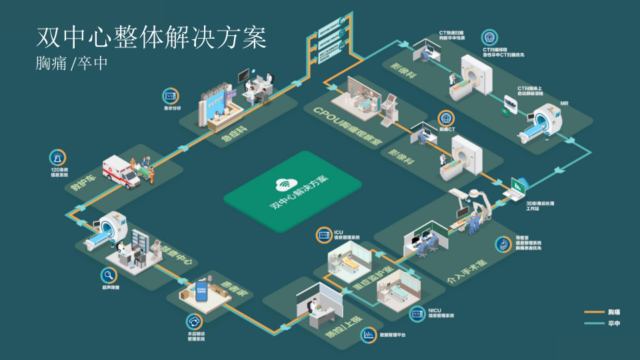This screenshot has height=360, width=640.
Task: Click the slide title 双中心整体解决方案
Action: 151,38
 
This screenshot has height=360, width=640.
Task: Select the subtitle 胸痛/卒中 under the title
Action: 71,64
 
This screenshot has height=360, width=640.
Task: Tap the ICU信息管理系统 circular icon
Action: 324,235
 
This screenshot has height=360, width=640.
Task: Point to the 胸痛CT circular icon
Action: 446,119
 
